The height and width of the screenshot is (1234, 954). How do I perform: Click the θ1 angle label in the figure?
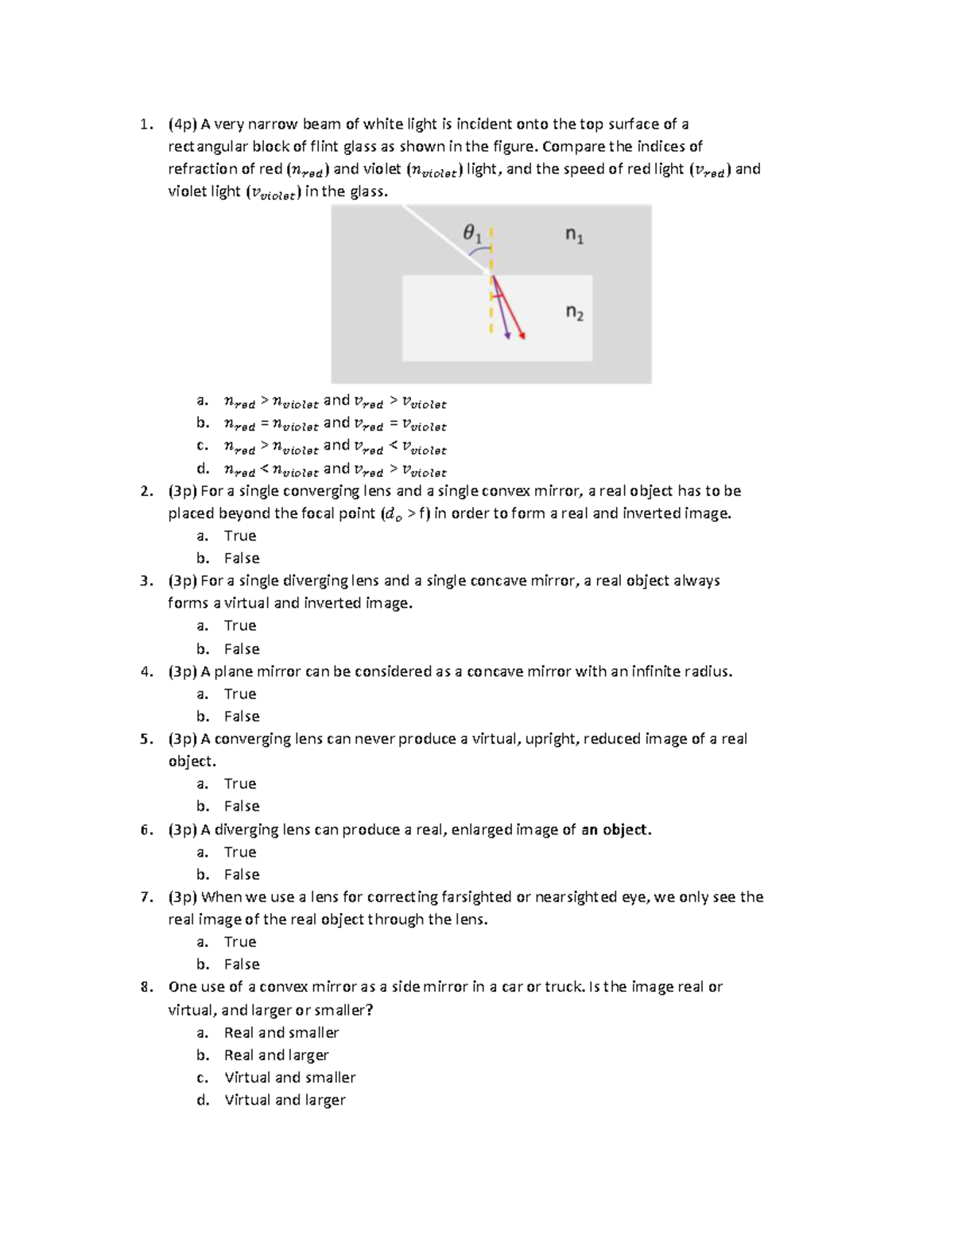click(x=472, y=234)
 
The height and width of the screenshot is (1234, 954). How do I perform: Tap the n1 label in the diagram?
click(x=574, y=234)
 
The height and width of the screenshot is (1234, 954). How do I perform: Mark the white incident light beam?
click(x=445, y=239)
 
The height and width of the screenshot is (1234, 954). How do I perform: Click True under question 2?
click(x=239, y=536)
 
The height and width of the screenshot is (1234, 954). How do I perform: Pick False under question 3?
click(x=242, y=648)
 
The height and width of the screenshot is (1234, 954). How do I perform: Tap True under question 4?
click(x=239, y=694)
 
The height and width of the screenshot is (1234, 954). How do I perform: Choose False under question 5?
click(x=242, y=806)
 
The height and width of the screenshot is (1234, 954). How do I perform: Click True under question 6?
click(x=239, y=852)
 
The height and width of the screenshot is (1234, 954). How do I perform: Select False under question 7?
click(x=242, y=964)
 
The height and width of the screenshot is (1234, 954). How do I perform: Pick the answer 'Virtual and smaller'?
click(x=289, y=1077)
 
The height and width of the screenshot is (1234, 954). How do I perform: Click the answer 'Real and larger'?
click(x=276, y=1055)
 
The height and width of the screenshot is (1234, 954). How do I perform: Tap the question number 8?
click(x=145, y=987)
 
